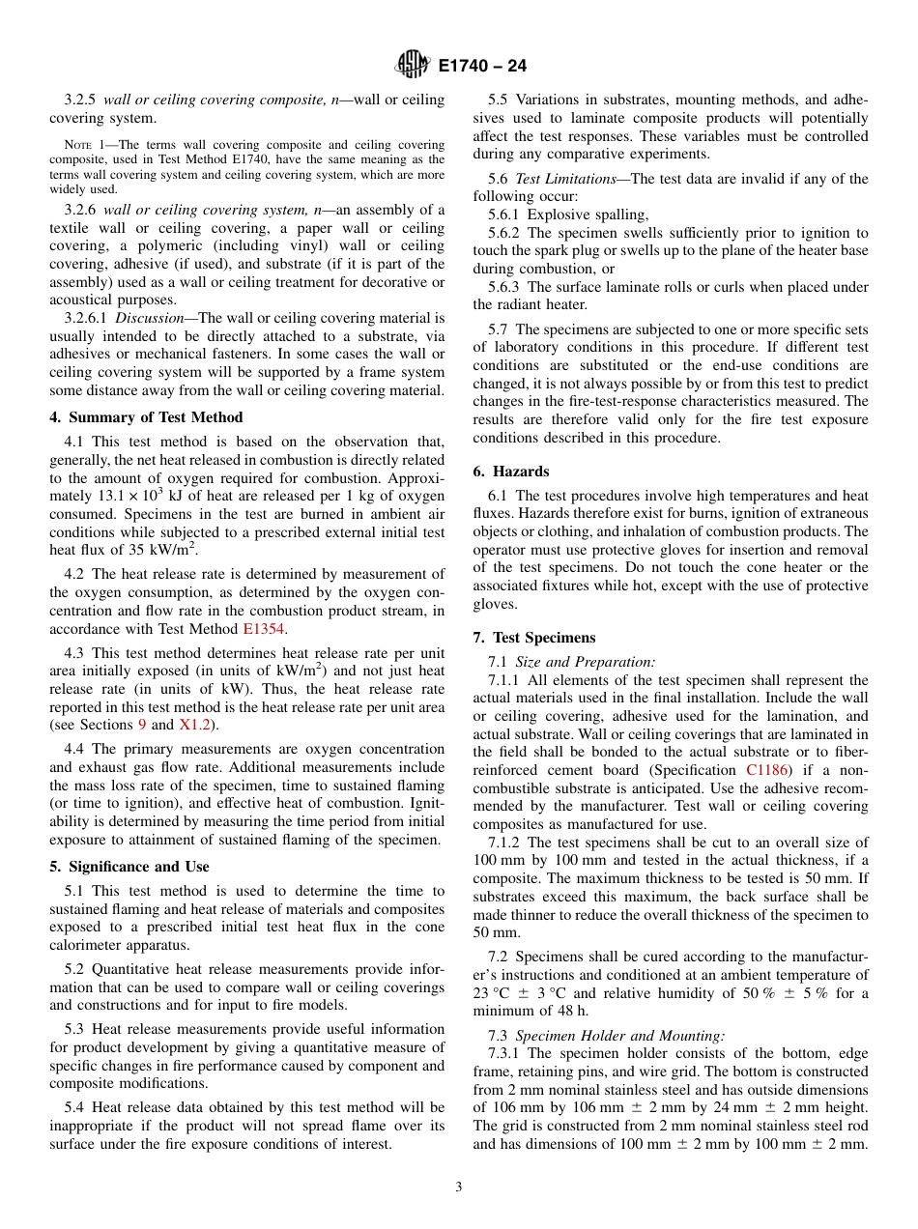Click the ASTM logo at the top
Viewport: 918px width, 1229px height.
[413, 66]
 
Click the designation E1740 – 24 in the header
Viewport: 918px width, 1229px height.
[482, 67]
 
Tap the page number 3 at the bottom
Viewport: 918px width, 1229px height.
[459, 1186]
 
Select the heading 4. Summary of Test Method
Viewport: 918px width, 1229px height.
[146, 417]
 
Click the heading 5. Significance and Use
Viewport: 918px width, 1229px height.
[129, 867]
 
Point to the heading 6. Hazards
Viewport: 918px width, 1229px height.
[510, 472]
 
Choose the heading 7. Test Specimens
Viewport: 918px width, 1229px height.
[534, 638]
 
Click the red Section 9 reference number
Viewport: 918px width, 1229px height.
[142, 725]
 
